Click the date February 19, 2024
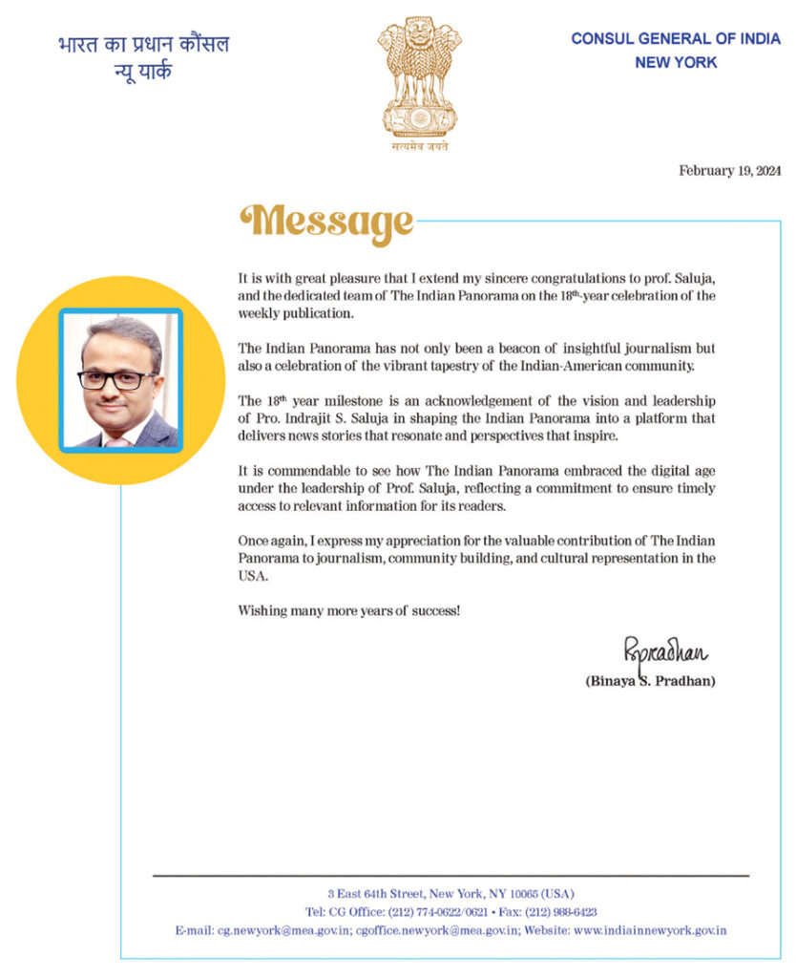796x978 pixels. pos(730,170)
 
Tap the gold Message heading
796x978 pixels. pos(326,223)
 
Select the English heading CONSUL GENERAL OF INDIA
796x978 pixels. pos(676,39)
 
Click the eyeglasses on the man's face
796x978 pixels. pos(117,379)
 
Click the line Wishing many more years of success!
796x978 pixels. pos(348,609)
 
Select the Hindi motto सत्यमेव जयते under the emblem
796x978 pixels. pos(418,147)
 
